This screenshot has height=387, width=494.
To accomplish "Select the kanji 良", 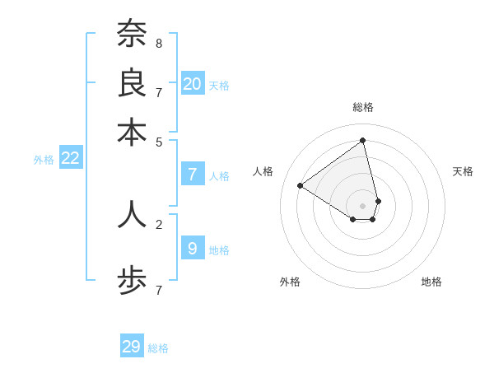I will [132, 82].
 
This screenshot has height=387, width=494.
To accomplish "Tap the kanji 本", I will [132, 132].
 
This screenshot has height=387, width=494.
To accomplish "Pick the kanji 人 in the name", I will [132, 213].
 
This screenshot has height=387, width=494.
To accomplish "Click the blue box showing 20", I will [193, 83].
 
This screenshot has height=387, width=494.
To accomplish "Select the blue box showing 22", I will [70, 158].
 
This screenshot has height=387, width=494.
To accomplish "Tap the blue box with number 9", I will [192, 247].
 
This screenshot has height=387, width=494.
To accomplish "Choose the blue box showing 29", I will [132, 347].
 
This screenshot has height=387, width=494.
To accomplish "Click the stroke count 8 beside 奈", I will [159, 42].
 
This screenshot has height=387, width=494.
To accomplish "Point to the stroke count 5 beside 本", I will [159, 141].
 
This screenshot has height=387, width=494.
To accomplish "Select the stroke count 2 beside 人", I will [159, 223].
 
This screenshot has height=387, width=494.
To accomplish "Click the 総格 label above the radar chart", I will [362, 107].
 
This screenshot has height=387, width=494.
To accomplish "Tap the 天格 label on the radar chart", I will [463, 171].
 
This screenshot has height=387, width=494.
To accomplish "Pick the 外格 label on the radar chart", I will [290, 282].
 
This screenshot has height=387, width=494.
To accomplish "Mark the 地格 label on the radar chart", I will [431, 282].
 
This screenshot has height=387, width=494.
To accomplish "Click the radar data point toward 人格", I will [301, 185].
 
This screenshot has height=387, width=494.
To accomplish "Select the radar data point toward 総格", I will [362, 140].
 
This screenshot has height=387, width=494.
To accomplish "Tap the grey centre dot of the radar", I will [362, 205].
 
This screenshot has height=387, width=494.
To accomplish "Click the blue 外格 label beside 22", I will [44, 160].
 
